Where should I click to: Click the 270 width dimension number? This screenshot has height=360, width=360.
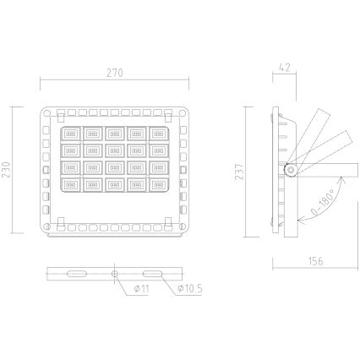pos(116,74)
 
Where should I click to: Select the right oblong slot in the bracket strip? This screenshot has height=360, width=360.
pos(155,273)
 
